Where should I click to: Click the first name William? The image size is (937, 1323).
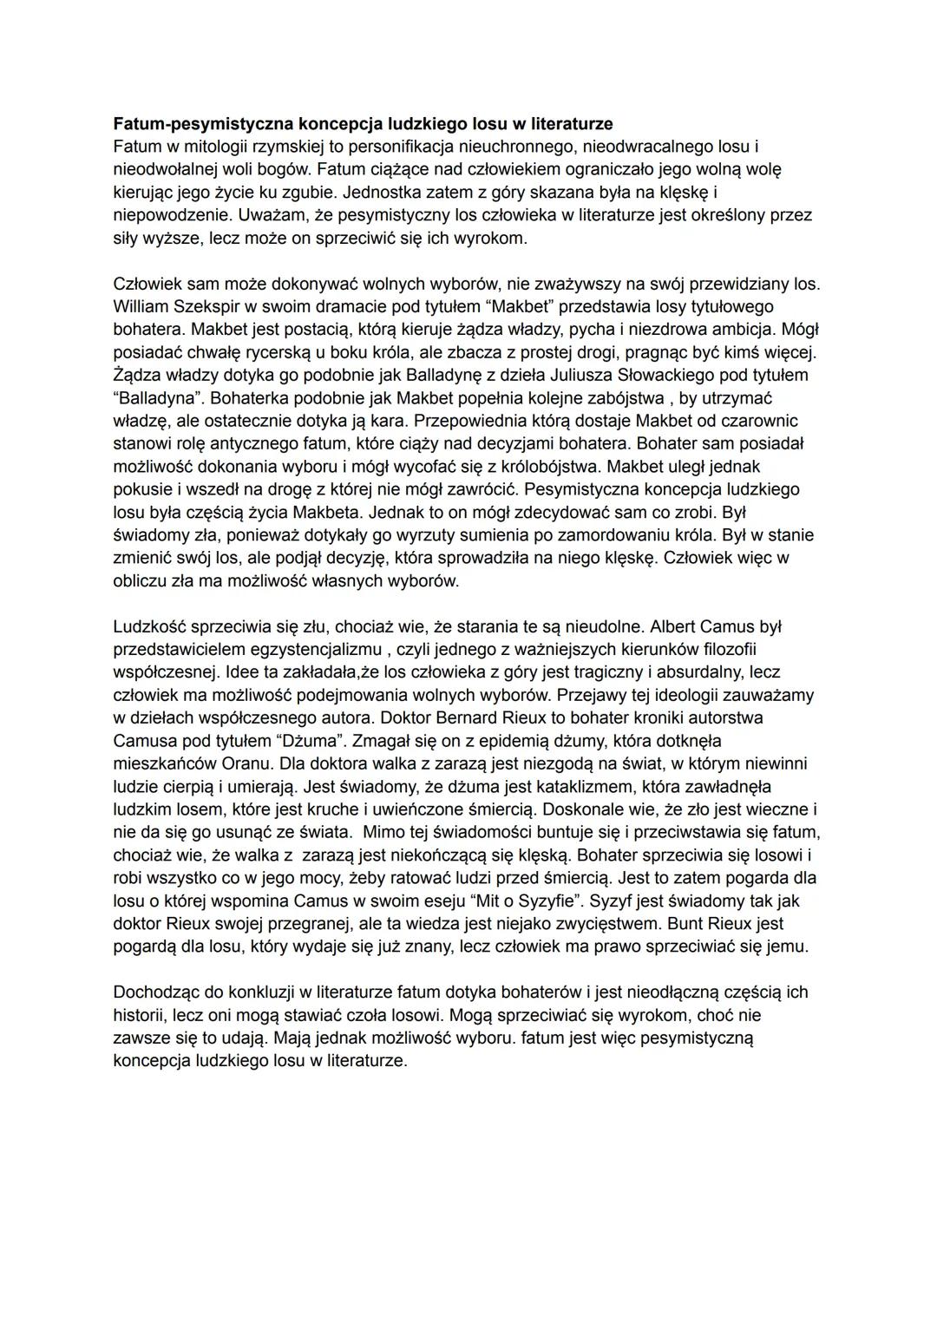[141, 306]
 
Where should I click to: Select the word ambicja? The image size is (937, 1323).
[746, 329]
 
